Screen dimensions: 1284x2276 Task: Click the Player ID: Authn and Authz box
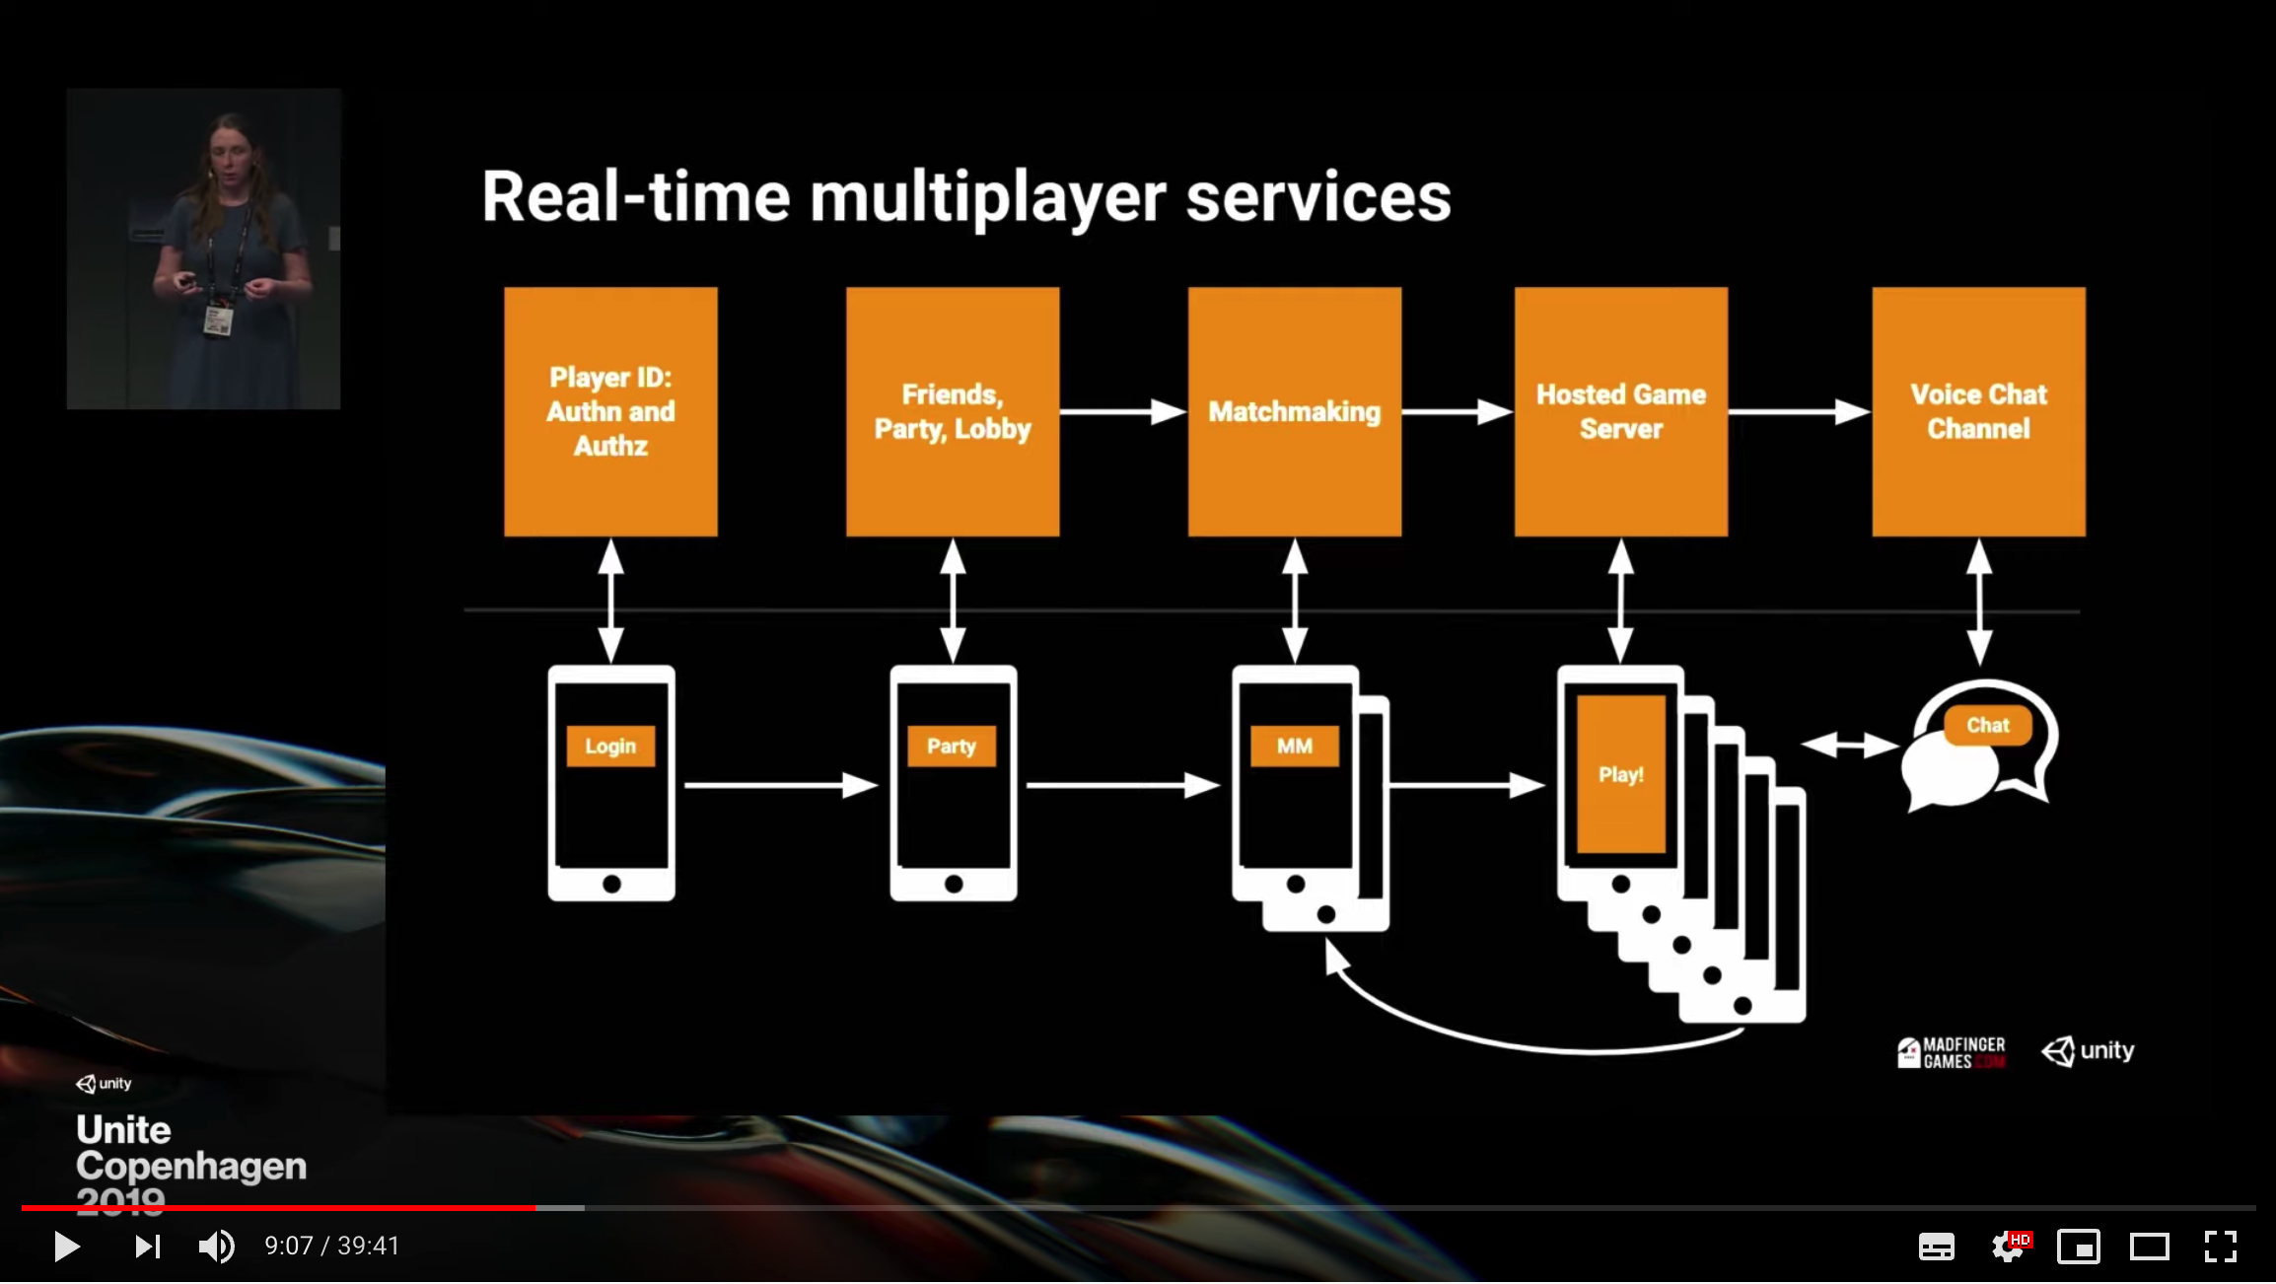point(610,411)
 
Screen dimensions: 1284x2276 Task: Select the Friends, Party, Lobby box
point(953,411)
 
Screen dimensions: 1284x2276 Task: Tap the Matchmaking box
point(1294,411)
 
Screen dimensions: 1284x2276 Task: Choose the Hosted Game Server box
point(1620,411)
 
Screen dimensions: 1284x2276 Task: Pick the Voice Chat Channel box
point(1978,411)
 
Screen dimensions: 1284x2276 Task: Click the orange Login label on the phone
point(610,747)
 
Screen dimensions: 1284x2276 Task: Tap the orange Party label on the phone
point(952,747)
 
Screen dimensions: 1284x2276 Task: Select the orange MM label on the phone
point(1294,747)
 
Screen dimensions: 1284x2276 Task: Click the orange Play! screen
point(1620,774)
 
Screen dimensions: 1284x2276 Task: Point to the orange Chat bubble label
point(1987,726)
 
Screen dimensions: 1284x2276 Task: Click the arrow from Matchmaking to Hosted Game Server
point(1457,411)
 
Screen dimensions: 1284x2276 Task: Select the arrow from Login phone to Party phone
point(780,785)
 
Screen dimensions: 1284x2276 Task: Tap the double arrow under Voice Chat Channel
point(1978,602)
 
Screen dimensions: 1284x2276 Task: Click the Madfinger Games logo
point(1951,1052)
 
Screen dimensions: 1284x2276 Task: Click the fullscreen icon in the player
point(2220,1247)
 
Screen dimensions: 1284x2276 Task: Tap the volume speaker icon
point(216,1247)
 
